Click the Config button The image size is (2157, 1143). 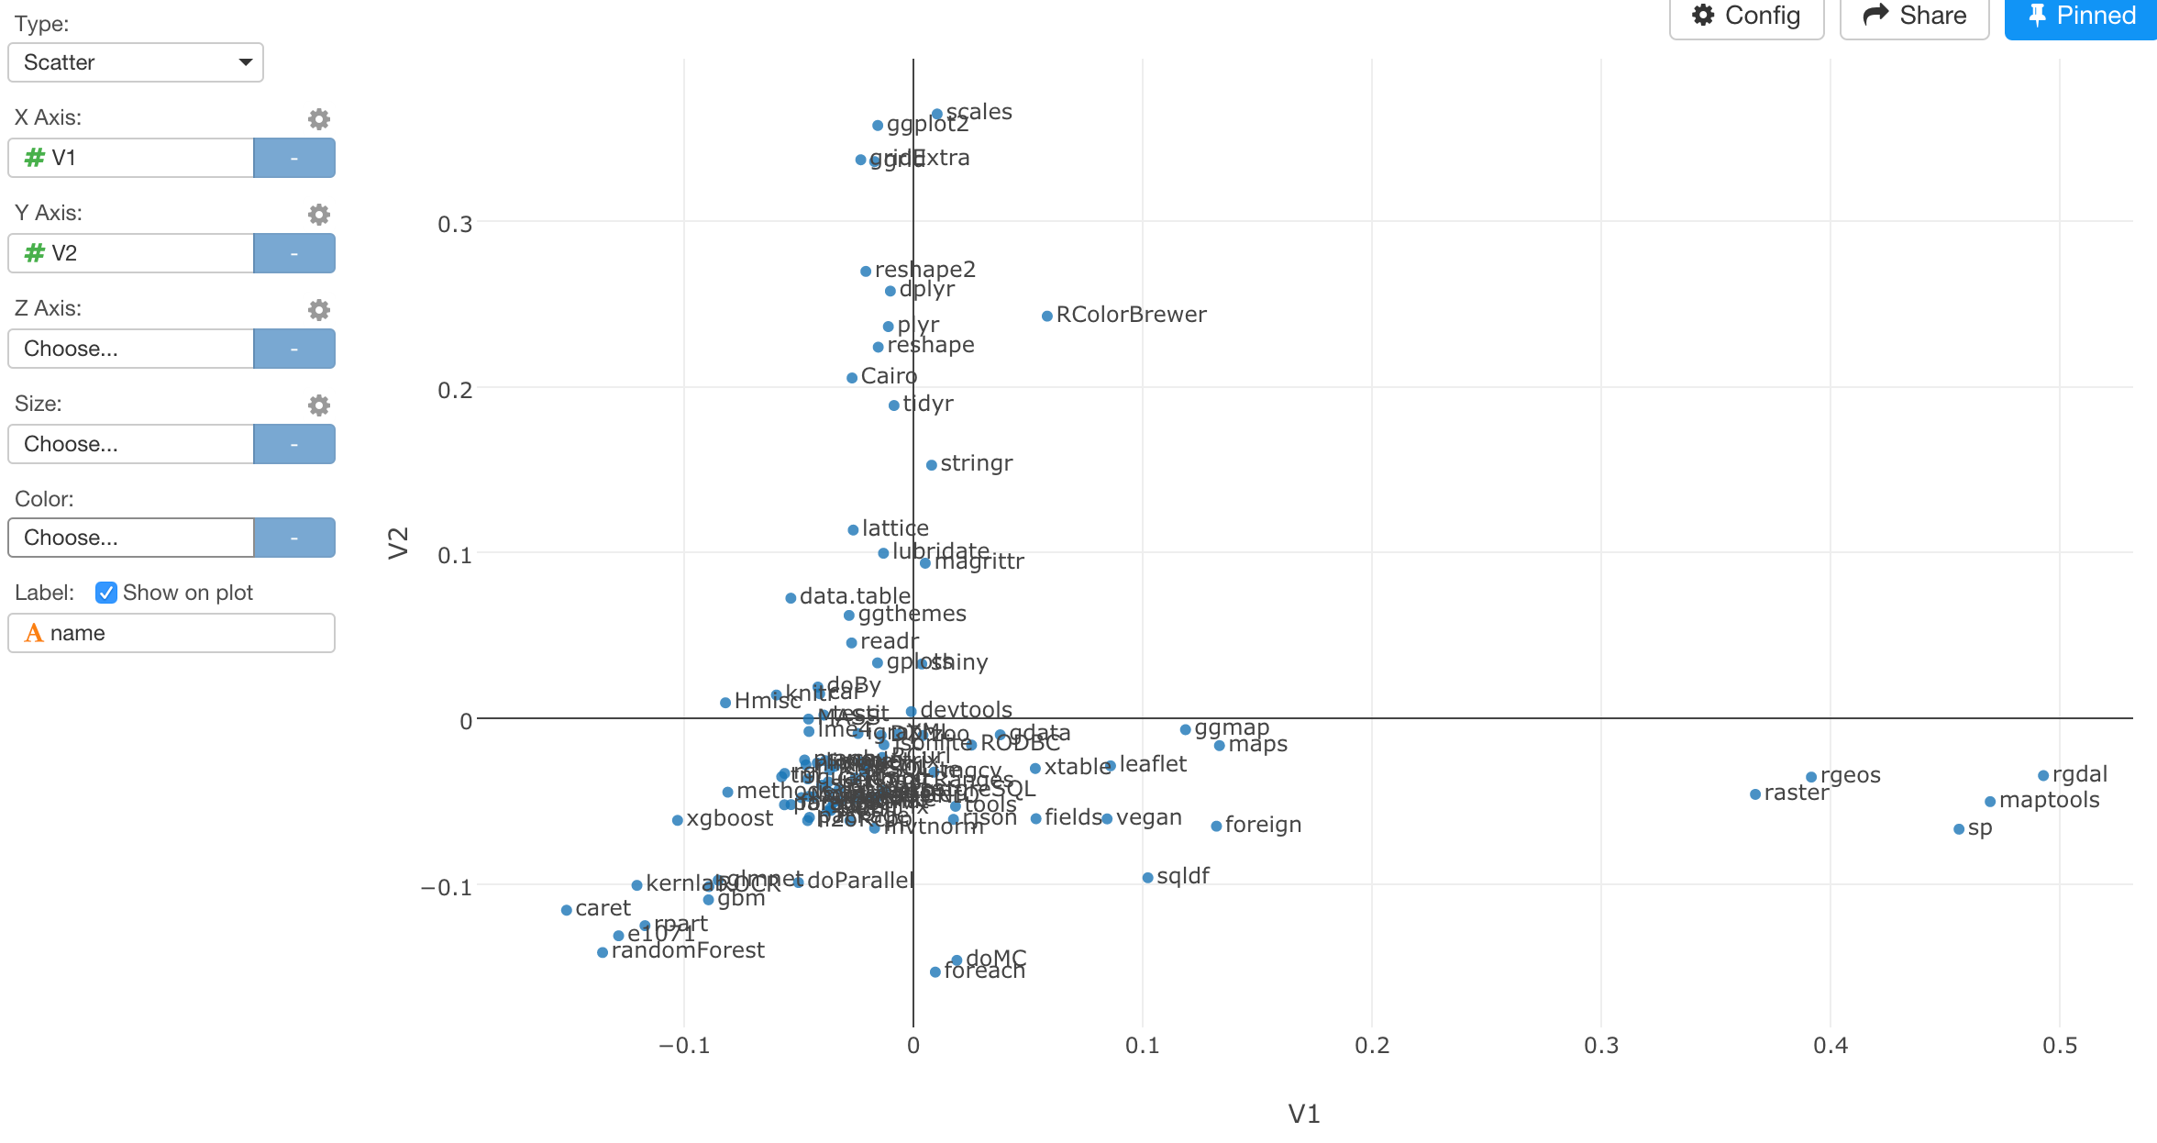1746,17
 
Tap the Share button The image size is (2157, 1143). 1914,17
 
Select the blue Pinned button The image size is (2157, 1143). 2080,17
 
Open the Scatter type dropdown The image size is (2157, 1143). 136,62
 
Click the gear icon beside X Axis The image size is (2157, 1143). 318,119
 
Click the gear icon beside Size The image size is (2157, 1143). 318,405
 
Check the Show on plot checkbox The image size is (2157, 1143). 106,593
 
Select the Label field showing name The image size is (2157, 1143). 171,633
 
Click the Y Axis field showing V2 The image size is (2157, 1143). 131,253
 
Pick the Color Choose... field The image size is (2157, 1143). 131,538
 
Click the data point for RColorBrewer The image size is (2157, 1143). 1046,316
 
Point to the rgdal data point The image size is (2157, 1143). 2043,776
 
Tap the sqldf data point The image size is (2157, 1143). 1147,878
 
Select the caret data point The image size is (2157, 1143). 567,910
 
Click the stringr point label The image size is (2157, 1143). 976,463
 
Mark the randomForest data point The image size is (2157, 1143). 603,952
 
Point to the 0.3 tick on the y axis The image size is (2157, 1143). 455,224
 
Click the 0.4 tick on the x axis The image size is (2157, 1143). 1831,1046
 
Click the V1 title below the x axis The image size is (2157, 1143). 1303,1114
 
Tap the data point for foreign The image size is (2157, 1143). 1216,827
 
